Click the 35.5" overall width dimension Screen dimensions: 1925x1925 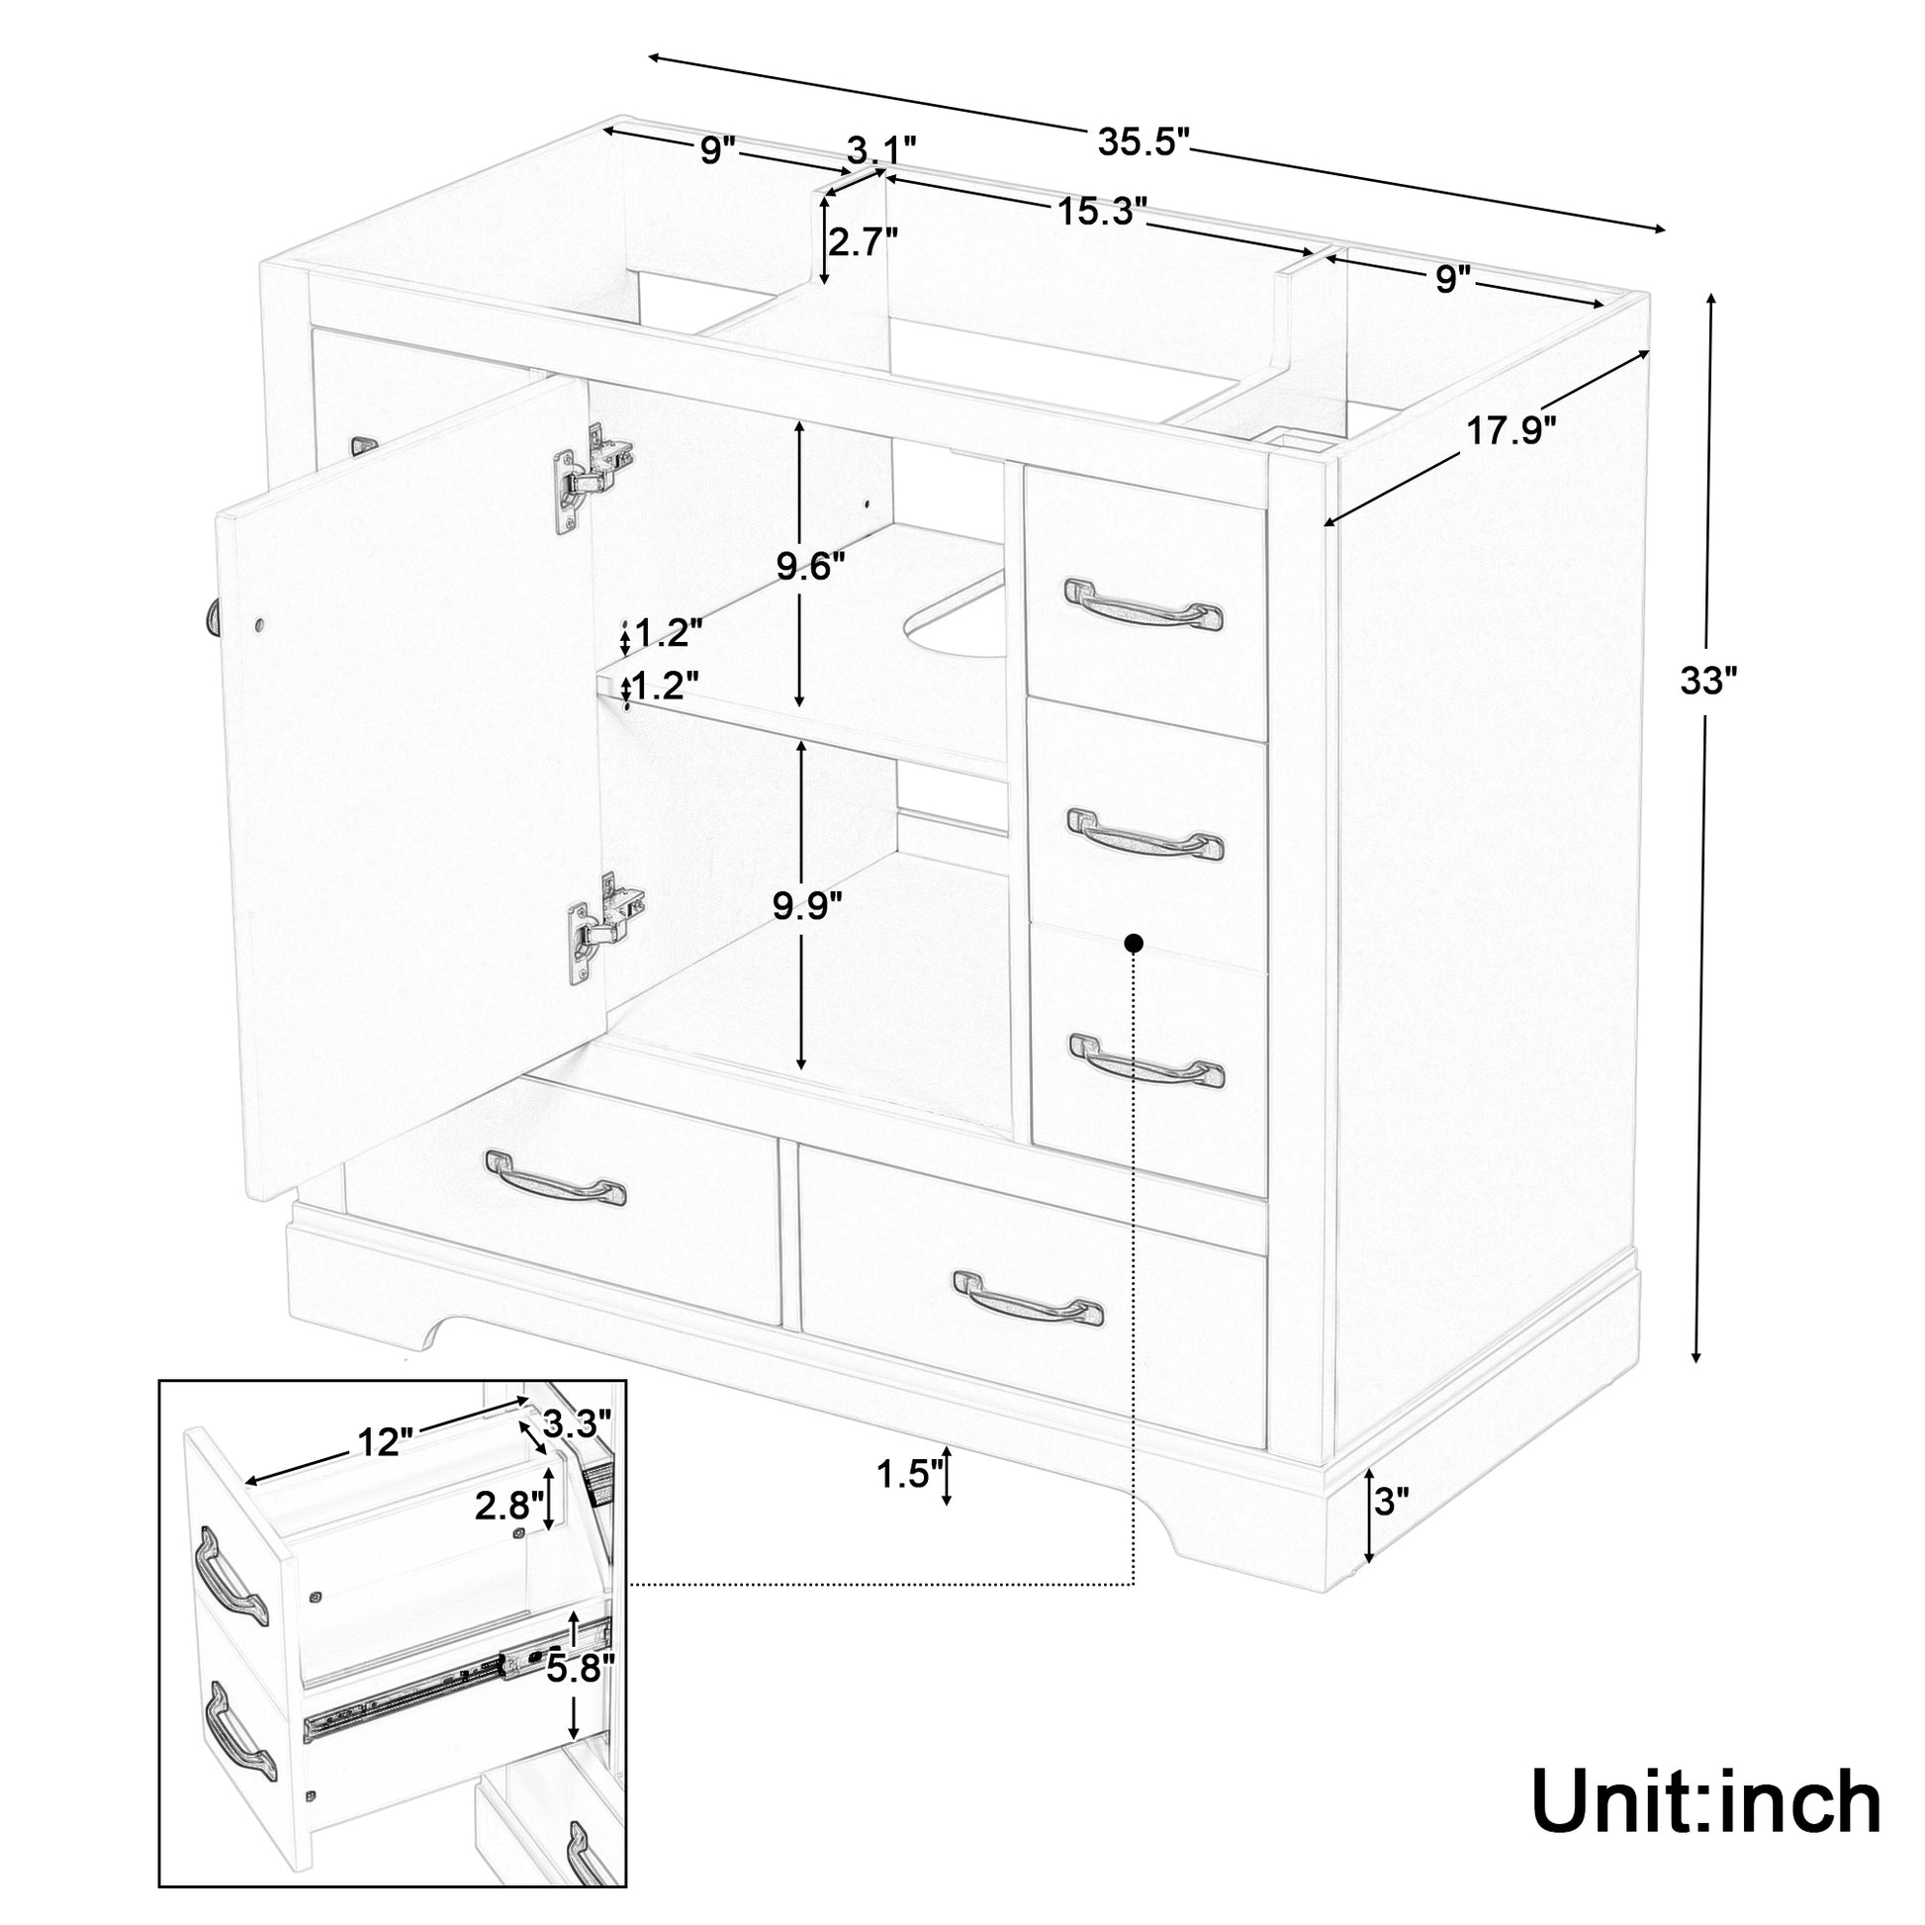(x=1144, y=142)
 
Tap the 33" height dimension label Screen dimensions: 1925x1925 (x=1707, y=682)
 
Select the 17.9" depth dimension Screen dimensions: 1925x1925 (x=1511, y=431)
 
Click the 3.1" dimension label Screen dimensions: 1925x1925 (x=880, y=151)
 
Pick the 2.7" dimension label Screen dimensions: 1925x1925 (x=864, y=242)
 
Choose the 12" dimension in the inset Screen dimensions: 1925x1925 (x=385, y=1441)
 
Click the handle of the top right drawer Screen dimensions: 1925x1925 (x=1144, y=603)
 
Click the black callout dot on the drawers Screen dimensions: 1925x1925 (x=1133, y=942)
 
